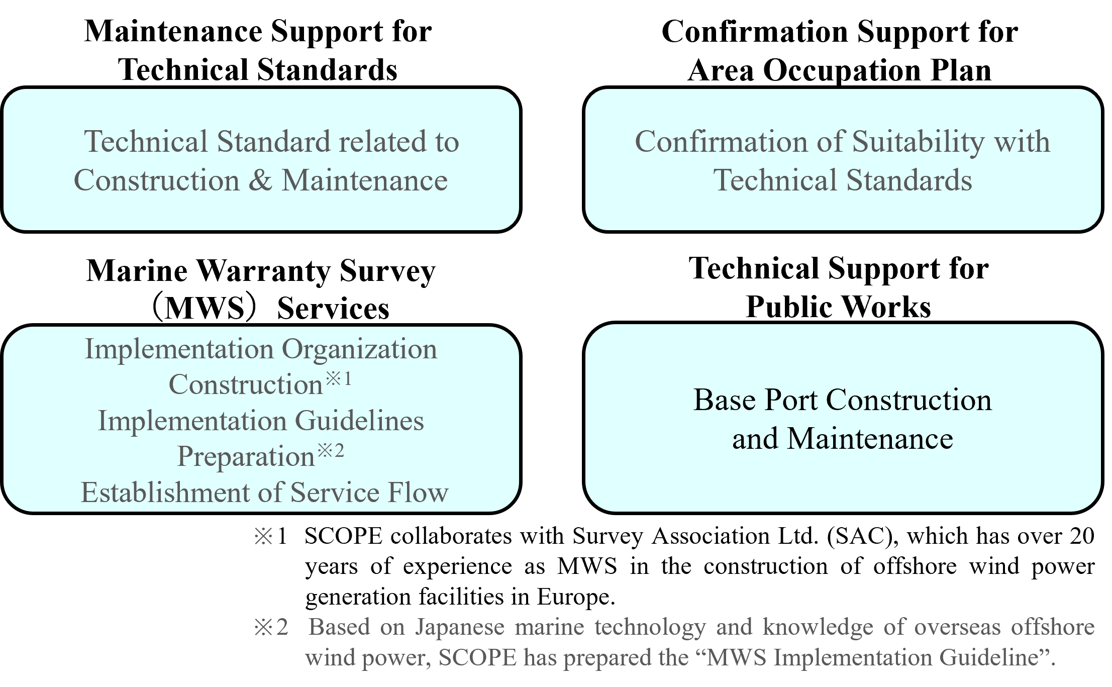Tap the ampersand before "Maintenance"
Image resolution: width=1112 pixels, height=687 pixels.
[260, 180]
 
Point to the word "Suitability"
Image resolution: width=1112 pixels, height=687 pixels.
[919, 142]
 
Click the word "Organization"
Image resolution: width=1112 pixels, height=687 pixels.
[359, 349]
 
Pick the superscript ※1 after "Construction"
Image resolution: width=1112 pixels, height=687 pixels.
[339, 379]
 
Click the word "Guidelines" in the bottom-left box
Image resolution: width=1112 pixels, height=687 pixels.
[359, 421]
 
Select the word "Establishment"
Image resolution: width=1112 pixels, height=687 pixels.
[165, 493]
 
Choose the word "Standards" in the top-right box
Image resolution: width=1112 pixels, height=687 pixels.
[909, 181]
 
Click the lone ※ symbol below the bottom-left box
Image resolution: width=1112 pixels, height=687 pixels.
[263, 536]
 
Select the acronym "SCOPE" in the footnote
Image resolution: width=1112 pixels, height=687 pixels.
[477, 658]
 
